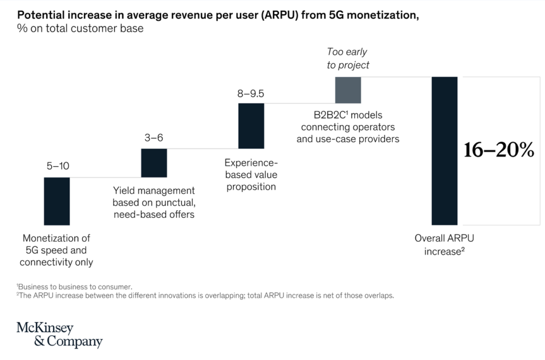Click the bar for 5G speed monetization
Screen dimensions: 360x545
coord(56,201)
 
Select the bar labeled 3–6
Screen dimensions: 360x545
coord(154,162)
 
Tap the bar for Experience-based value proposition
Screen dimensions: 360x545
coord(251,126)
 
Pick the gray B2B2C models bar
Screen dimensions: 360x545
coord(348,90)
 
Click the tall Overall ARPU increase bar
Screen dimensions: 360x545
coord(444,151)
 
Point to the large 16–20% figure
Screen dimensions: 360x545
coord(498,151)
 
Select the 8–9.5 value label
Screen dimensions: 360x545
coord(251,94)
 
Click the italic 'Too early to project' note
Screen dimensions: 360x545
coord(348,59)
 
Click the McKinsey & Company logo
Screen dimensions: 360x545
coord(60,334)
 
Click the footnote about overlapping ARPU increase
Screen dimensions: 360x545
coord(205,296)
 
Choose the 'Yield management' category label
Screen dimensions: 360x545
coord(154,202)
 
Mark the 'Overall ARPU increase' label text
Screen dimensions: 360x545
coord(444,244)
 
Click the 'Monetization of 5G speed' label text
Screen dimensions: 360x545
coord(56,250)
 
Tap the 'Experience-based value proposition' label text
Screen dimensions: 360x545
coord(251,175)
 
